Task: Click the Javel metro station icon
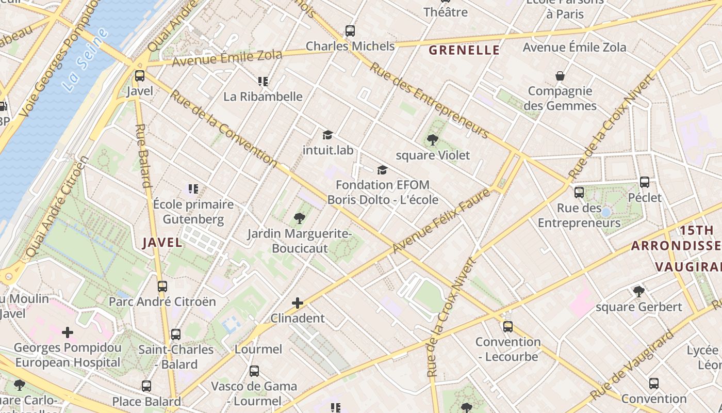click(x=139, y=76)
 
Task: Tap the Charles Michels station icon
click(x=350, y=31)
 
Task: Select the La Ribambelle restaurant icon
click(x=263, y=82)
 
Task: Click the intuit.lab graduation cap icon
click(x=327, y=135)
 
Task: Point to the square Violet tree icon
click(x=433, y=139)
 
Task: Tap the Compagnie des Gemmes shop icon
click(x=560, y=76)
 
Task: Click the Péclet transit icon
click(x=645, y=182)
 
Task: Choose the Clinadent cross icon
click(x=298, y=303)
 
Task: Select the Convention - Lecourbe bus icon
click(x=508, y=326)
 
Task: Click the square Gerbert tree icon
click(x=639, y=292)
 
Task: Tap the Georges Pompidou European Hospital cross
click(x=68, y=332)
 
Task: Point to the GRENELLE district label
click(x=464, y=50)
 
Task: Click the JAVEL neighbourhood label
click(x=162, y=243)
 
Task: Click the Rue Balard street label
click(x=143, y=155)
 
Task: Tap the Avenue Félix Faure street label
click(x=440, y=221)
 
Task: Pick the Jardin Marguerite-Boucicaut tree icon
click(x=299, y=218)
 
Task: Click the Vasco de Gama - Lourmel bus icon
click(x=254, y=371)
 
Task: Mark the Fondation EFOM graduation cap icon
click(x=382, y=170)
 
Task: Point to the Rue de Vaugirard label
click(x=632, y=366)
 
